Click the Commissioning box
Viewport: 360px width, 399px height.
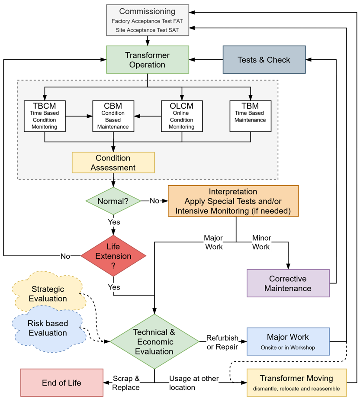(148, 20)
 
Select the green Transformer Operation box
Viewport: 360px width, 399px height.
(148, 60)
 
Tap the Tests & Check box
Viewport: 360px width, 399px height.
(264, 60)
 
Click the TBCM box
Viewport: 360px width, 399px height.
(45, 116)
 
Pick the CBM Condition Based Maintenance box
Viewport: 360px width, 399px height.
(113, 116)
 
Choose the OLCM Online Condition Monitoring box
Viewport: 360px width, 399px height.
(182, 116)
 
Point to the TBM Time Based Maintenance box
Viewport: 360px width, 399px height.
(250, 116)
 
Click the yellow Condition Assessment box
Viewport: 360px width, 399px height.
(113, 162)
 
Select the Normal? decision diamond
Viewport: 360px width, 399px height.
(113, 201)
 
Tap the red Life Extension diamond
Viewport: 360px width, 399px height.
(113, 256)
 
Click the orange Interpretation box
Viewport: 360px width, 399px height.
(233, 201)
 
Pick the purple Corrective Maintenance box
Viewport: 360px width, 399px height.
(288, 283)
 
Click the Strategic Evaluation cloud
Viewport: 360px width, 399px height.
(48, 293)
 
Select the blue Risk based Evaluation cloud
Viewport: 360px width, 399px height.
(48, 328)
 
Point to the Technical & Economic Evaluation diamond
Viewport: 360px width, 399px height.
(154, 341)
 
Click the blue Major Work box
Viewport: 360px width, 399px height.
(288, 341)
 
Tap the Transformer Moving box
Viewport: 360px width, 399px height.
(296, 383)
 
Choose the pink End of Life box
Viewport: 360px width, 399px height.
(61, 383)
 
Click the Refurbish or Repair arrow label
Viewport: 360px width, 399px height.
(222, 342)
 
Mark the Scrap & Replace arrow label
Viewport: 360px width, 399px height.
(126, 383)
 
